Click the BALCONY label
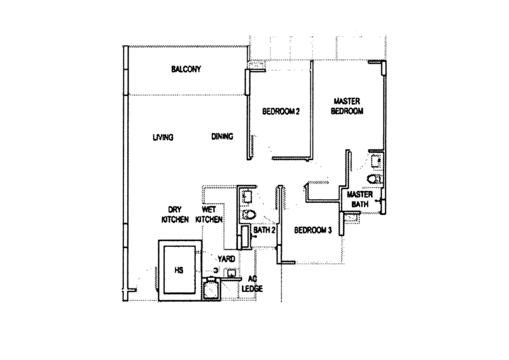186,69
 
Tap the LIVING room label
163,137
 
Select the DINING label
222,136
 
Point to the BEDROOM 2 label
281,111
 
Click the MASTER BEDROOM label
347,106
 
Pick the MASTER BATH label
359,199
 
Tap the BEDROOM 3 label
313,230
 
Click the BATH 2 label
264,230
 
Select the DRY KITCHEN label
175,214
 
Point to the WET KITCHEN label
209,214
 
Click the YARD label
227,259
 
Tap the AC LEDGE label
252,284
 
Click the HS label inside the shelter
179,270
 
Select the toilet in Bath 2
249,214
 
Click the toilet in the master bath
374,179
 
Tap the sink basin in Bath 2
247,197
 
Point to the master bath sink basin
377,161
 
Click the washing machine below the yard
211,289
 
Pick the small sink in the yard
232,273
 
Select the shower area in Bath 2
245,237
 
